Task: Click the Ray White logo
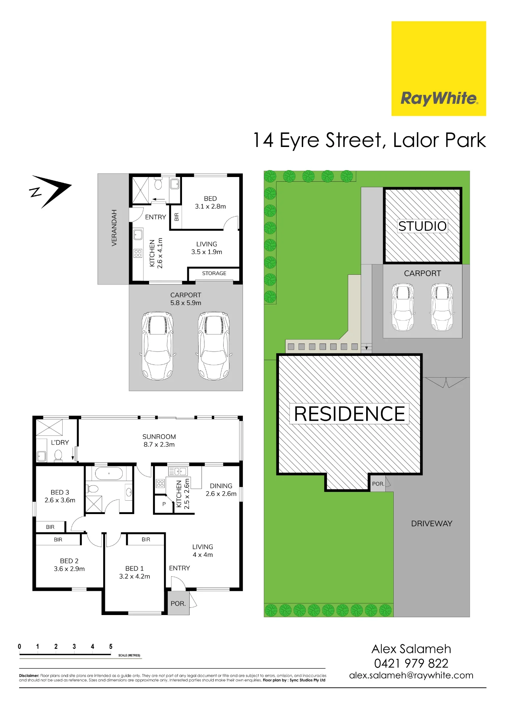(x=439, y=68)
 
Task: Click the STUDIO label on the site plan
(x=422, y=226)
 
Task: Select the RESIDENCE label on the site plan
(x=349, y=414)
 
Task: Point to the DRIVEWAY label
(x=432, y=523)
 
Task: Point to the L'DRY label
(x=60, y=442)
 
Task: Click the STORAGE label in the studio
(x=214, y=273)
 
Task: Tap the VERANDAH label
(x=114, y=228)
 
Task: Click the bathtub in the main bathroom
(x=109, y=473)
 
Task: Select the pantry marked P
(x=164, y=504)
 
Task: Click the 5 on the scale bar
(x=111, y=647)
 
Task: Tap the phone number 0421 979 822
(x=411, y=663)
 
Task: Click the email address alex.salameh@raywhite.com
(x=411, y=675)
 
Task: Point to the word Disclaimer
(x=29, y=675)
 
